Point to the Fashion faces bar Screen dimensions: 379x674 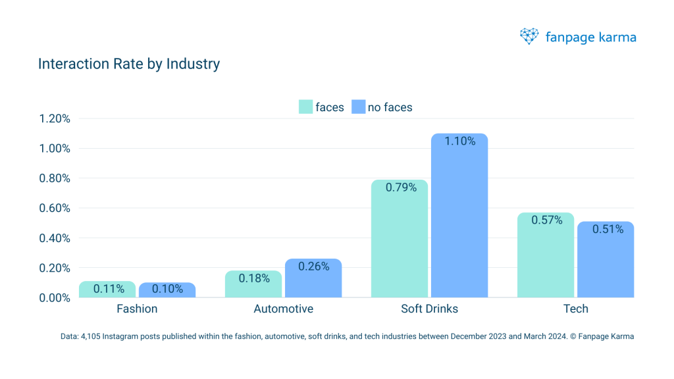click(x=107, y=290)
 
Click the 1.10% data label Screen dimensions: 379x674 click(x=459, y=141)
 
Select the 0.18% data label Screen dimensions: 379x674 click(x=254, y=278)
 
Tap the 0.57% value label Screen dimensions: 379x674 click(x=546, y=220)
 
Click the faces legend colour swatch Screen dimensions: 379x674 click(x=305, y=107)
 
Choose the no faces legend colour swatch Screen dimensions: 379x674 click(x=358, y=107)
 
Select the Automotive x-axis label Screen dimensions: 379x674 click(x=284, y=309)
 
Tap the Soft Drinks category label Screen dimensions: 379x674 click(x=429, y=309)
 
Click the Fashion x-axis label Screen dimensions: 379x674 click(x=137, y=309)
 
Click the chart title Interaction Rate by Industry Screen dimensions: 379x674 click(x=128, y=64)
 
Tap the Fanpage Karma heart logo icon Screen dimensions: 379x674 click(x=529, y=36)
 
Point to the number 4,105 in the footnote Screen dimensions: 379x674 click(x=90, y=337)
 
